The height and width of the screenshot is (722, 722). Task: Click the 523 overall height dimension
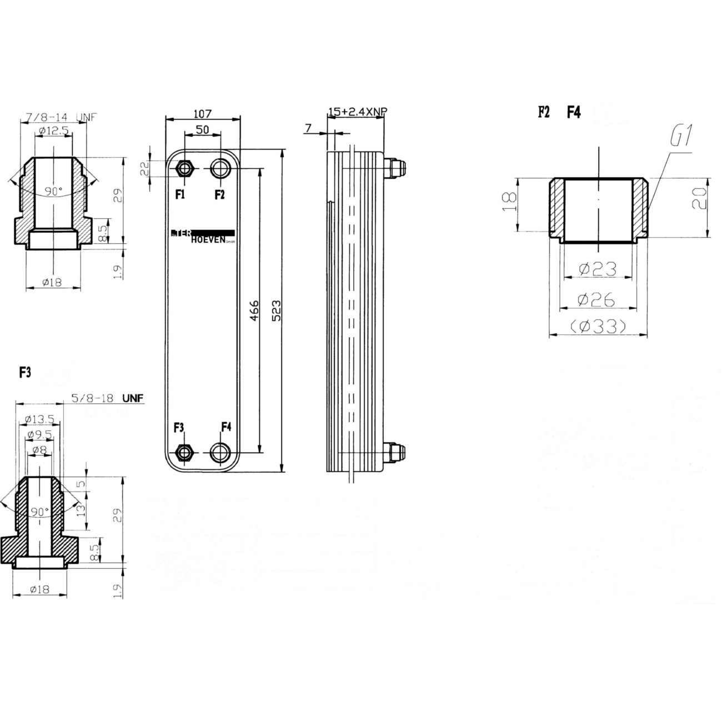coord(276,310)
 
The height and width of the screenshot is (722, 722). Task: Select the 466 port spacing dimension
coord(254,310)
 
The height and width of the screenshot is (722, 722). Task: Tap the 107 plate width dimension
coord(203,113)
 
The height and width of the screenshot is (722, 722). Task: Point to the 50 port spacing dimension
coord(202,129)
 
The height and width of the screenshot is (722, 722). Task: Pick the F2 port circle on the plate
coord(220,168)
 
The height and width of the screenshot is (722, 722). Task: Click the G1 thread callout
coord(681,137)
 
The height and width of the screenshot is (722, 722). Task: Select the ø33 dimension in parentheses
coord(598,327)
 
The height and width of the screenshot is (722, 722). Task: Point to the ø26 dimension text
coord(596,300)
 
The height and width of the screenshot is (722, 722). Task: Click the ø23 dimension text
coord(598,269)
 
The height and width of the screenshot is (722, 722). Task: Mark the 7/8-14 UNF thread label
coord(60,118)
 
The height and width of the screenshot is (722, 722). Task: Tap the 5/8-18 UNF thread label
coord(107,398)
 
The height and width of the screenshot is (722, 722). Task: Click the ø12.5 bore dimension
coord(53,131)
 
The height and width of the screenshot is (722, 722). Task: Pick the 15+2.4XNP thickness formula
coord(357,112)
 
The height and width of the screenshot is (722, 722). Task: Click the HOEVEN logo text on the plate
coord(208,240)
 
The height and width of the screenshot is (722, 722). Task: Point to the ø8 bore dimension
coord(39,449)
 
